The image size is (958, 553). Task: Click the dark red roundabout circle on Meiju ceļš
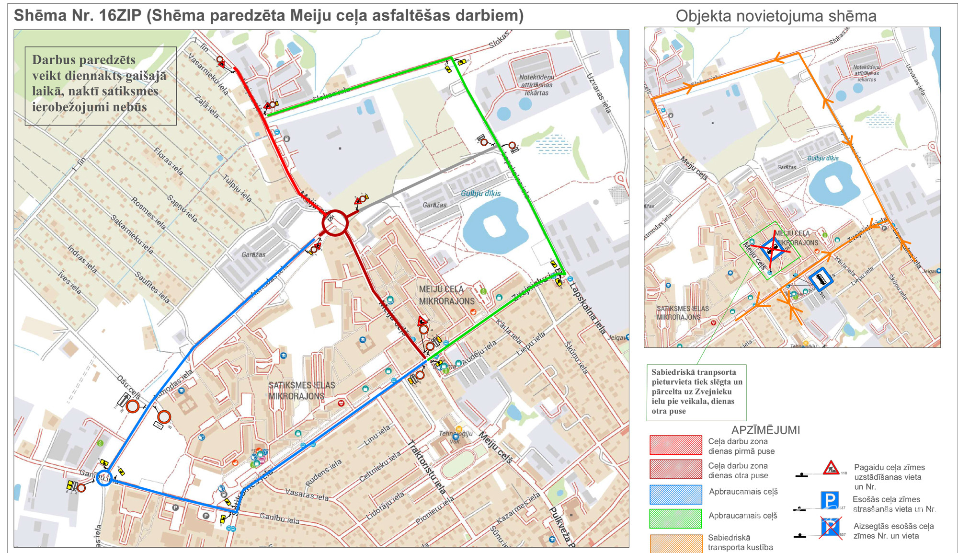click(335, 223)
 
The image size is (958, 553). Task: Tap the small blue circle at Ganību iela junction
click(104, 478)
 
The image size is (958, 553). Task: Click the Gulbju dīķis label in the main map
click(480, 193)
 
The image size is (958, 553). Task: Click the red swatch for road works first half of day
click(675, 445)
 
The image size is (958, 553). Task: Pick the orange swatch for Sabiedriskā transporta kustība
click(675, 543)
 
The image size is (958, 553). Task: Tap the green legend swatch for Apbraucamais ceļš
click(675, 518)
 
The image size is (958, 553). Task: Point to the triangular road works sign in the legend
click(831, 468)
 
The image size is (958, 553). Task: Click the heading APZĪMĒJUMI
click(765, 430)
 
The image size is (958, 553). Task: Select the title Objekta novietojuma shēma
click(776, 16)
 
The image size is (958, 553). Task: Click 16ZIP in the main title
click(120, 16)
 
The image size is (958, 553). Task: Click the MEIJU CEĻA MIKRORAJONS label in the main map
click(446, 295)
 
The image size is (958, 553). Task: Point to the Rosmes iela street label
click(148, 213)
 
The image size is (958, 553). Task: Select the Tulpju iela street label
click(237, 188)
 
